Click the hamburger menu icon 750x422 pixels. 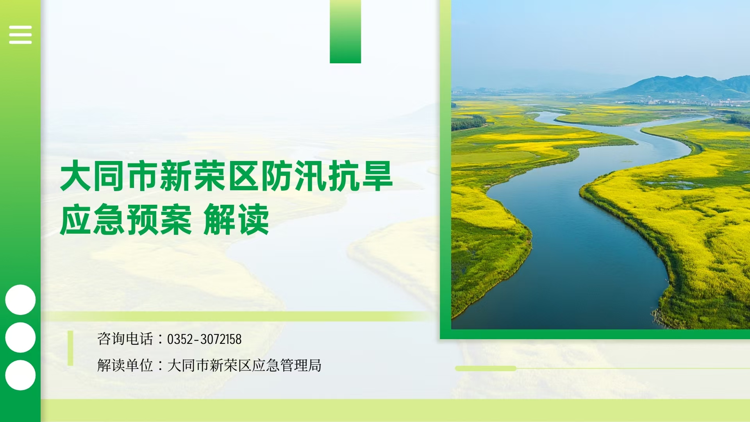point(20,35)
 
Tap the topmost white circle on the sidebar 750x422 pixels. point(20,300)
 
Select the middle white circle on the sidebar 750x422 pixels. point(20,338)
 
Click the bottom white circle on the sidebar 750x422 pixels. point(20,375)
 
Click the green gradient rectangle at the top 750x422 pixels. point(345,31)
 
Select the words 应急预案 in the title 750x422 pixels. point(126,220)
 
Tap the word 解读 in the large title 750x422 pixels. point(236,220)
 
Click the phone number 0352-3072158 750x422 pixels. point(204,339)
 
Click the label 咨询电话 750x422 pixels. point(125,339)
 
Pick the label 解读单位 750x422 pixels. point(125,365)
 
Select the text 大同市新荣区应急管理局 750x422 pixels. point(244,365)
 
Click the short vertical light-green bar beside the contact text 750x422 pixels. point(70,348)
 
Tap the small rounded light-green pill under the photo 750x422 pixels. point(486,368)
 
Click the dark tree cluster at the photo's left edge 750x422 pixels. point(468,122)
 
